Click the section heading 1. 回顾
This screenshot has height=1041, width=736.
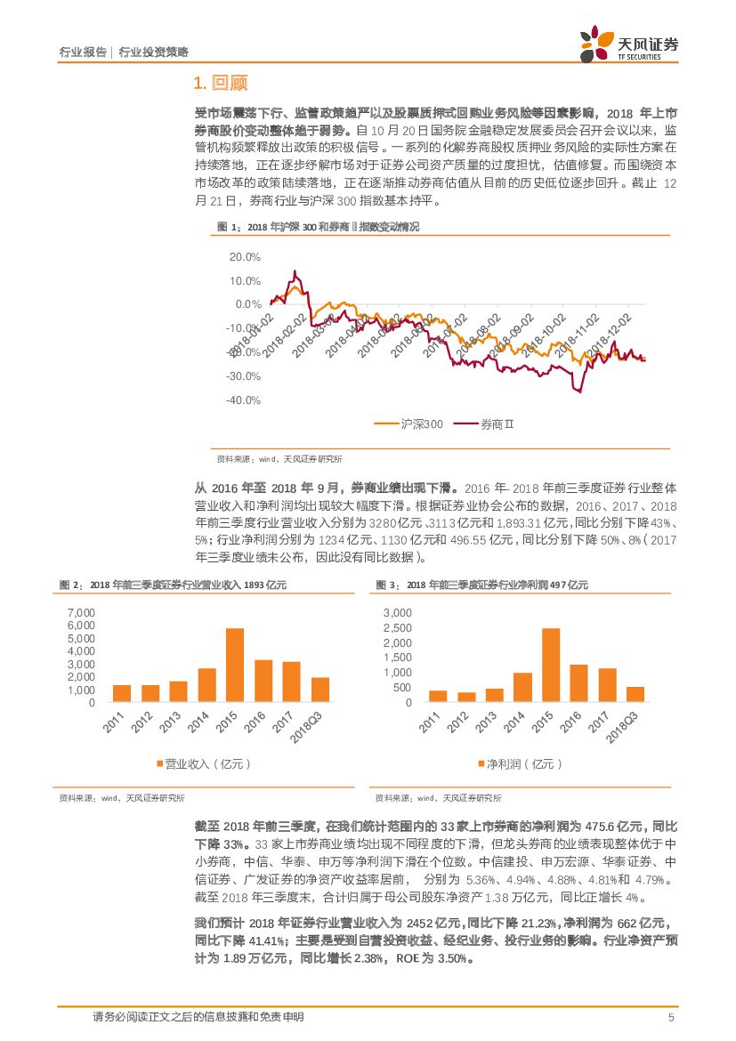(x=220, y=84)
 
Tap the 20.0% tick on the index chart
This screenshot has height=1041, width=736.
(x=245, y=257)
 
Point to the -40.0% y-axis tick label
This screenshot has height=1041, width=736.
(x=244, y=400)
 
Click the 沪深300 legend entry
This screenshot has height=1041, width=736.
(x=410, y=424)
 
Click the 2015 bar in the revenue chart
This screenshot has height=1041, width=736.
(x=235, y=666)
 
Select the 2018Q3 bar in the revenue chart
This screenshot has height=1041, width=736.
(x=320, y=690)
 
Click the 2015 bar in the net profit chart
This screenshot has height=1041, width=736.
(x=551, y=666)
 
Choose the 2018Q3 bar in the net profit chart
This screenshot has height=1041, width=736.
(x=635, y=695)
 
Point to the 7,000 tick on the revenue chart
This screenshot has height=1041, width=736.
(x=80, y=613)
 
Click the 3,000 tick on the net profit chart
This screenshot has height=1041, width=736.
(x=397, y=613)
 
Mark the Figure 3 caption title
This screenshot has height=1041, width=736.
(x=481, y=585)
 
